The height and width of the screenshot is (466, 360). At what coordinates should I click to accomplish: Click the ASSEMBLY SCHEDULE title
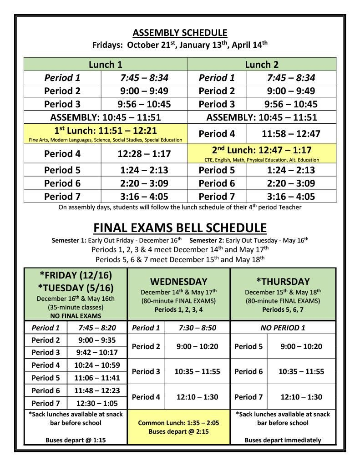(x=180, y=33)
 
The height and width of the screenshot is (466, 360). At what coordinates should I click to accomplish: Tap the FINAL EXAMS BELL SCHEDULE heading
(x=180, y=228)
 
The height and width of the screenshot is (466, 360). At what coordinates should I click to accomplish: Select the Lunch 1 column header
(x=105, y=65)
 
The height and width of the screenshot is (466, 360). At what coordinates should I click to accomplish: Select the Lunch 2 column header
(x=261, y=65)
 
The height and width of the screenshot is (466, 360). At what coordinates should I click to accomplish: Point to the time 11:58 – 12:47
(x=291, y=134)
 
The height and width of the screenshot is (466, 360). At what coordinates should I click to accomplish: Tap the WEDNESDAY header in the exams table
(x=178, y=282)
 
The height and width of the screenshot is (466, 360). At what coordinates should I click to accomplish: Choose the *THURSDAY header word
(x=283, y=282)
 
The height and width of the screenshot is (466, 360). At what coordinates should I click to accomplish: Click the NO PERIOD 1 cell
(x=283, y=328)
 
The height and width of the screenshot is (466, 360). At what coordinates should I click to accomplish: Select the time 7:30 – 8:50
(x=197, y=328)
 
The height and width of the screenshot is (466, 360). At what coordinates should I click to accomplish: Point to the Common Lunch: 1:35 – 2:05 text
(x=178, y=423)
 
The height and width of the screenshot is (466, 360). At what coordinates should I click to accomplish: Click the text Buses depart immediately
(x=283, y=440)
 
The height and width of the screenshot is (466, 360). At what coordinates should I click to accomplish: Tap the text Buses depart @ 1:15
(x=76, y=440)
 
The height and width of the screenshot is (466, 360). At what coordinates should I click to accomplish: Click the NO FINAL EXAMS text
(x=76, y=315)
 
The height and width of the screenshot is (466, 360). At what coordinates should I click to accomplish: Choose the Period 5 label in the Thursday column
(x=248, y=346)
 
